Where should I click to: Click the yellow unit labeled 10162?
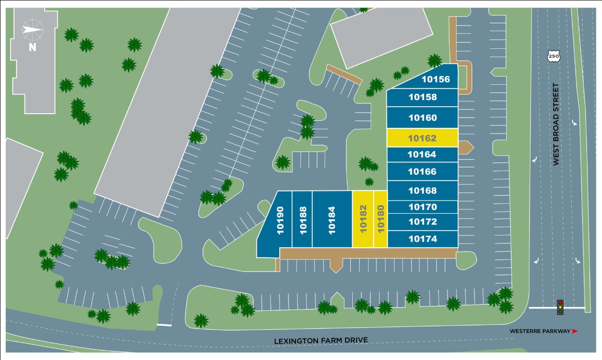[x=422, y=138]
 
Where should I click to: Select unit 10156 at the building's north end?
[x=435, y=79]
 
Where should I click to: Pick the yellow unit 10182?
[x=363, y=219]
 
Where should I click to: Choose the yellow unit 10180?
[x=380, y=219]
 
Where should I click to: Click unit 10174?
[x=422, y=239]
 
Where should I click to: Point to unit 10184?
[x=332, y=219]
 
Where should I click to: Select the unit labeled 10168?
[x=422, y=190]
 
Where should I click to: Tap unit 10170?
[x=422, y=207]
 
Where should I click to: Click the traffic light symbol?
[x=560, y=307]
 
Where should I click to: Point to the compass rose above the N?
[x=32, y=30]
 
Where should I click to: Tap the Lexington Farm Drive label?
[x=320, y=340]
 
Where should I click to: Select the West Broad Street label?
[x=556, y=125]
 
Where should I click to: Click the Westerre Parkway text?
[x=539, y=331]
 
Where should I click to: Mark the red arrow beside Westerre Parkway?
[x=575, y=331]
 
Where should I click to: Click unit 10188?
[x=302, y=219]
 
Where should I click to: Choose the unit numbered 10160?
[x=422, y=117]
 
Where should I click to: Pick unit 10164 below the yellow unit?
[x=422, y=154]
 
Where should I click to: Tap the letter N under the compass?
[x=32, y=46]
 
